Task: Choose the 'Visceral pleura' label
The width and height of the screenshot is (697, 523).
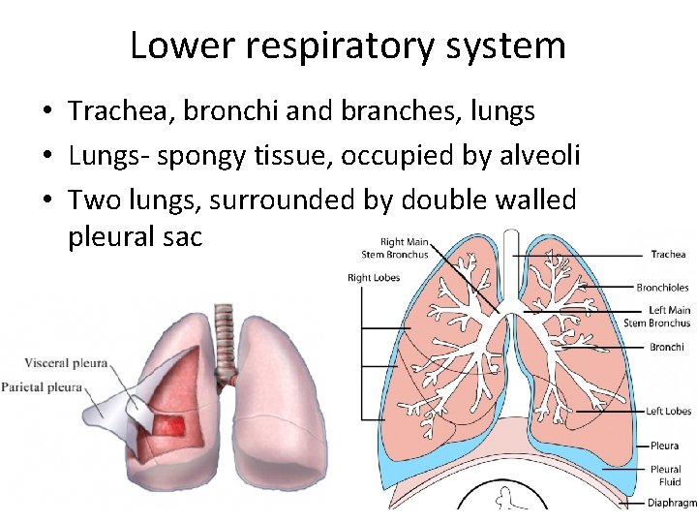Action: pyautogui.click(x=65, y=364)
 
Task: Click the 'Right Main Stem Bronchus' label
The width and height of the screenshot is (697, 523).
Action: pyautogui.click(x=394, y=249)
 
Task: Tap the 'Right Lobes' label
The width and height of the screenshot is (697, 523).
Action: pyautogui.click(x=373, y=278)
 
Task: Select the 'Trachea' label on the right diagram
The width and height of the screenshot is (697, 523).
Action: pyautogui.click(x=668, y=255)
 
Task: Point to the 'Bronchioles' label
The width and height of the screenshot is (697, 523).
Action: pyautogui.click(x=662, y=288)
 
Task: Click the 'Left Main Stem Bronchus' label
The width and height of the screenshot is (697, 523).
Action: pyautogui.click(x=657, y=317)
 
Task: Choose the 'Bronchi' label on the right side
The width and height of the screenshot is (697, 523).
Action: pyautogui.click(x=667, y=347)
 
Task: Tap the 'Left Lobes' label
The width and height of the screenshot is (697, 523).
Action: pyautogui.click(x=669, y=412)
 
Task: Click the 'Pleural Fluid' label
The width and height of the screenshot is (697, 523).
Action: pyautogui.click(x=665, y=476)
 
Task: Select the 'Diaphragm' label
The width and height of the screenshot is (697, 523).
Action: pyautogui.click(x=672, y=503)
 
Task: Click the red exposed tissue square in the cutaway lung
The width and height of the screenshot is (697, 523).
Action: pyautogui.click(x=173, y=425)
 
